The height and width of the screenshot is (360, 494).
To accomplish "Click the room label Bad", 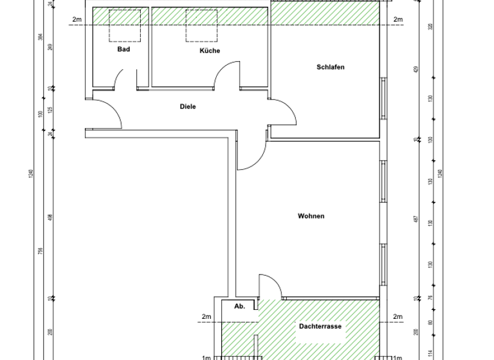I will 123,49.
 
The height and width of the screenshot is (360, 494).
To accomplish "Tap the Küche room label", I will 210,51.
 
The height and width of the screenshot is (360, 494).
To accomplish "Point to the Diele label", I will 187,107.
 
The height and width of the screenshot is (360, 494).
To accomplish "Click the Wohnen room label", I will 311,216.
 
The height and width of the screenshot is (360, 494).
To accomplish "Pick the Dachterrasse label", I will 320,327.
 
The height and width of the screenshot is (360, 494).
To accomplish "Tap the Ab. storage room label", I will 239,307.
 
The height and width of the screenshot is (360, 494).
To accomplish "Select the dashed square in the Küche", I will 199,25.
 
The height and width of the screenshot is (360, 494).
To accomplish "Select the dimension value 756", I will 40,251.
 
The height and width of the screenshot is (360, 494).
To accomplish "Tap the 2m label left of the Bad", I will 77,20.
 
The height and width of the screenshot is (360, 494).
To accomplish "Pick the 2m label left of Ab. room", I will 206,316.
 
